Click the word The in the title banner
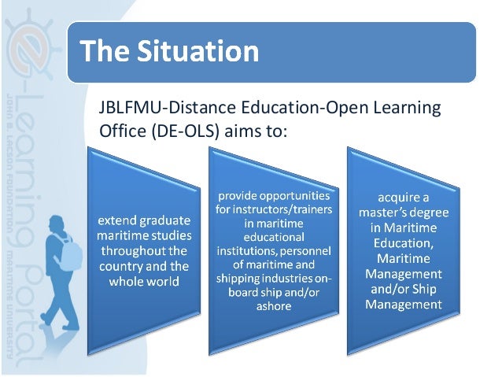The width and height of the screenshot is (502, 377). point(106,52)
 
